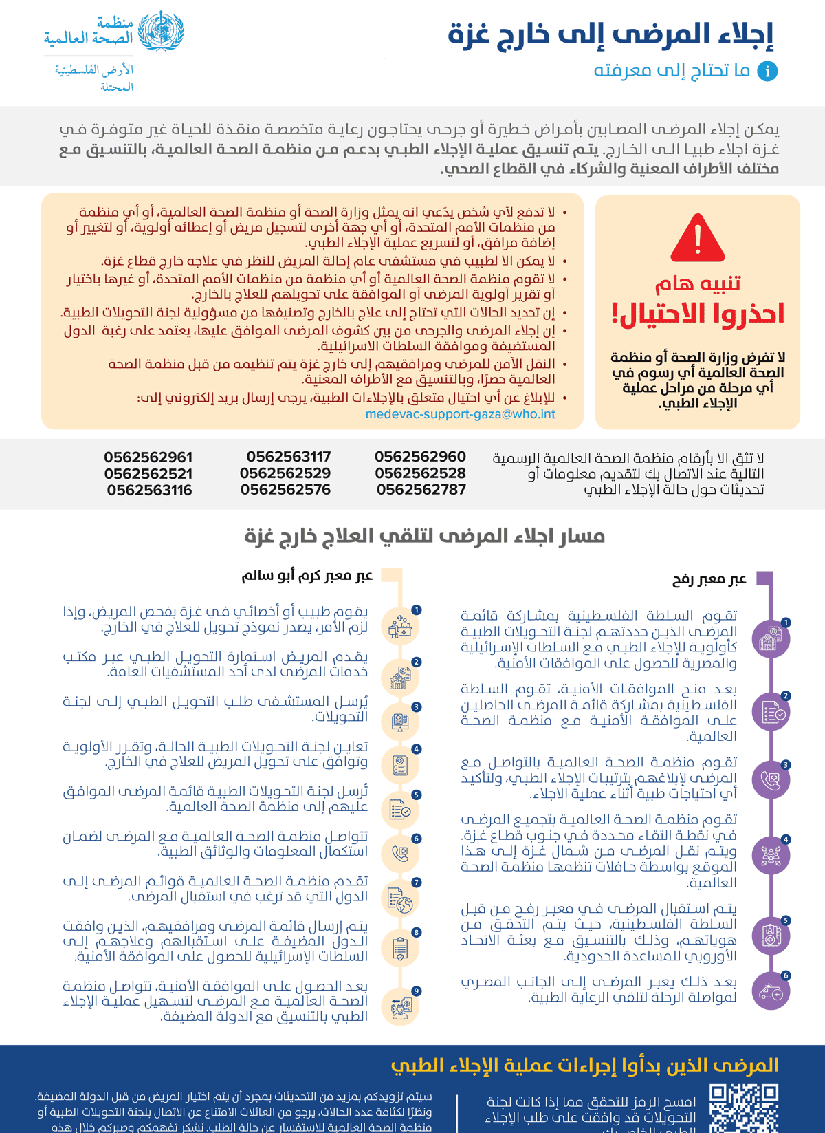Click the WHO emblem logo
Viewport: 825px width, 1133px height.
(x=161, y=32)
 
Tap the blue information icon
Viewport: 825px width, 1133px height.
(x=767, y=71)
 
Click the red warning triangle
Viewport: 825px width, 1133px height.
(x=698, y=239)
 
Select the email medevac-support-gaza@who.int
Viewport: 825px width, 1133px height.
(x=460, y=414)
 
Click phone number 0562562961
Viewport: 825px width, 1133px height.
(x=148, y=457)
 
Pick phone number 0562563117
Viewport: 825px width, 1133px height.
(x=289, y=457)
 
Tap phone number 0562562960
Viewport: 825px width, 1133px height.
(x=420, y=457)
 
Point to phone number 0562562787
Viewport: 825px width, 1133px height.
(x=421, y=490)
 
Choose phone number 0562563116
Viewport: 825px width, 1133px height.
(x=149, y=490)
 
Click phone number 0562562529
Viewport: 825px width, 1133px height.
(x=285, y=473)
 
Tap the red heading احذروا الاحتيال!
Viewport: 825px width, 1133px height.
(x=698, y=314)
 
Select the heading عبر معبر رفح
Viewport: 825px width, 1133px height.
(x=709, y=580)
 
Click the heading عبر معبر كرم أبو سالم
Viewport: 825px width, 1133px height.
(x=307, y=576)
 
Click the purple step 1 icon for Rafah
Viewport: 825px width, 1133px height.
(x=771, y=638)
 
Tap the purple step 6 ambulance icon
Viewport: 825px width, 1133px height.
(x=771, y=991)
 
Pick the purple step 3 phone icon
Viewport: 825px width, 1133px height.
(x=771, y=780)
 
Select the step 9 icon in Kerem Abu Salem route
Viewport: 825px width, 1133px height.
(x=400, y=1007)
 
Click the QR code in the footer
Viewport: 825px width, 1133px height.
(x=744, y=1108)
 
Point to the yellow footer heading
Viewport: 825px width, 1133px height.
(x=585, y=1066)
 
